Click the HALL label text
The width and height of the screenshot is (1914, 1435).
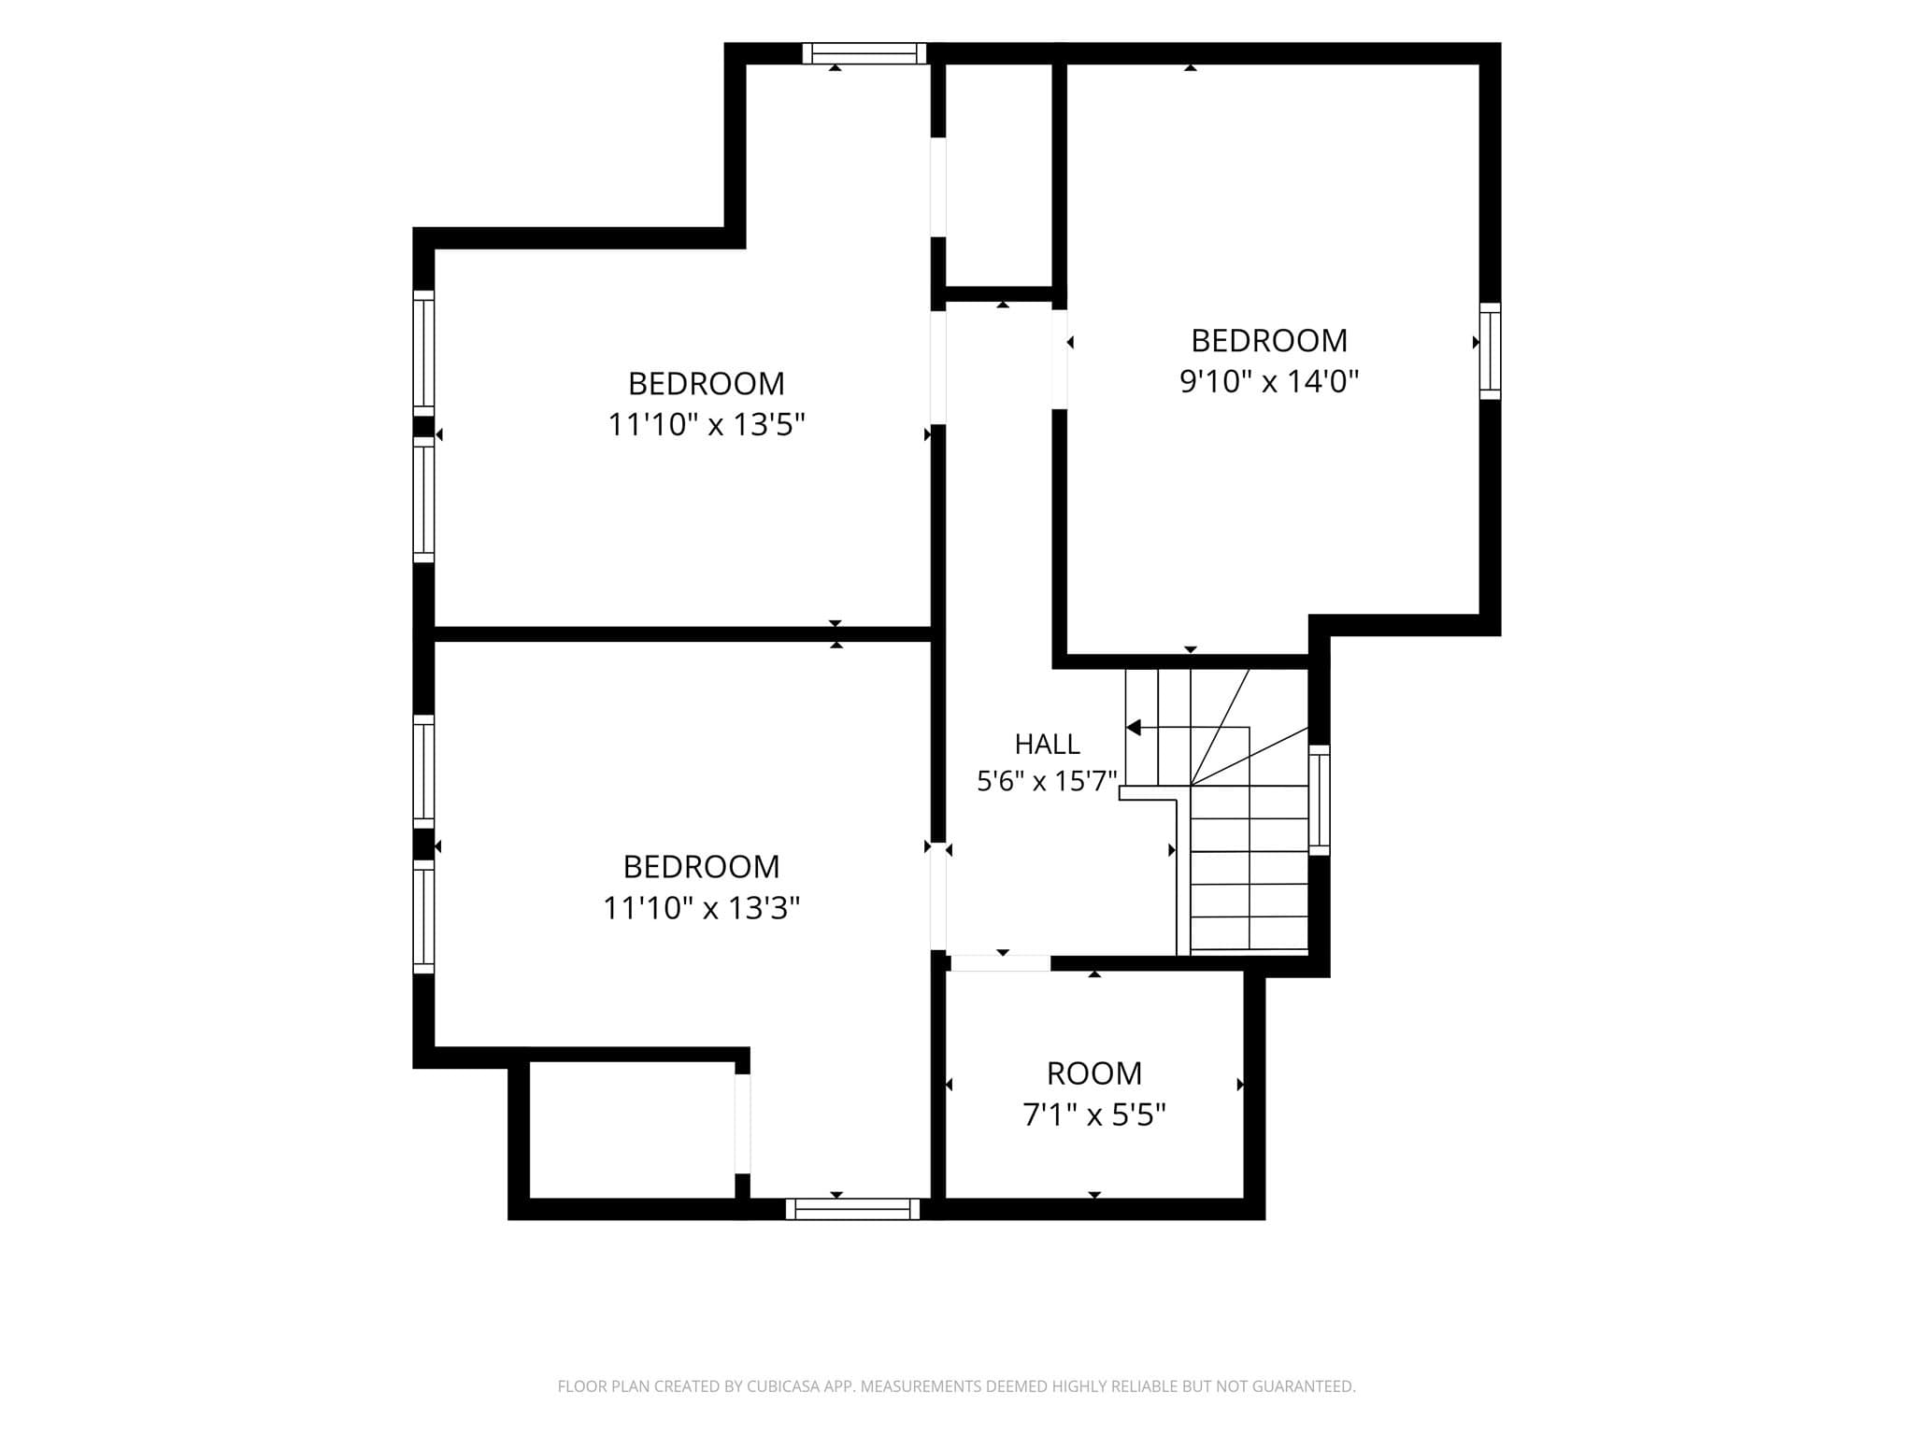click(x=1047, y=744)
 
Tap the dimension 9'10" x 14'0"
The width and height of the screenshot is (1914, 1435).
click(x=1269, y=381)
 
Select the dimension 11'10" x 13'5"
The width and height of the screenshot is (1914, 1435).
click(x=707, y=425)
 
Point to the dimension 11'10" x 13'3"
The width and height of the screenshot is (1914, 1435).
click(x=702, y=908)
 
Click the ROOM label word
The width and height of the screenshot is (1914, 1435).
click(x=1094, y=1073)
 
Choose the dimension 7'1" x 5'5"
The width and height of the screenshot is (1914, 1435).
click(x=1094, y=1115)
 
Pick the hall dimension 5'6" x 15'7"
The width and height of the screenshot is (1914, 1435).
click(x=1048, y=781)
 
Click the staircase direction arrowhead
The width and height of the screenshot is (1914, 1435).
click(x=1134, y=727)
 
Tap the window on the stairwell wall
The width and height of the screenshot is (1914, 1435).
click(x=1319, y=800)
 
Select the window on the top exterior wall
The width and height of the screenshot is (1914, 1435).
click(x=864, y=53)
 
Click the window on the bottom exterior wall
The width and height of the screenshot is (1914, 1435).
click(x=852, y=1209)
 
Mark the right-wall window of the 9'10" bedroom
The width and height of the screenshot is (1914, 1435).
click(x=1490, y=351)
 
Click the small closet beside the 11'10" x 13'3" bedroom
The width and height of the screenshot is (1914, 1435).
click(x=632, y=1130)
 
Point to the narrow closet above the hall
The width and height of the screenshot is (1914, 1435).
click(x=999, y=175)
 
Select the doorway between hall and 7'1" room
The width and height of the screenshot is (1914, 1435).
click(x=1000, y=963)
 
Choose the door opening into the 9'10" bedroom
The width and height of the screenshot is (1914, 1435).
click(x=1060, y=360)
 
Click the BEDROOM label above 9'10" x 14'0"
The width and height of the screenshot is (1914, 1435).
click(x=1269, y=341)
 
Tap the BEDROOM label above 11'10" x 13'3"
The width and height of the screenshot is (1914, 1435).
click(x=702, y=867)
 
